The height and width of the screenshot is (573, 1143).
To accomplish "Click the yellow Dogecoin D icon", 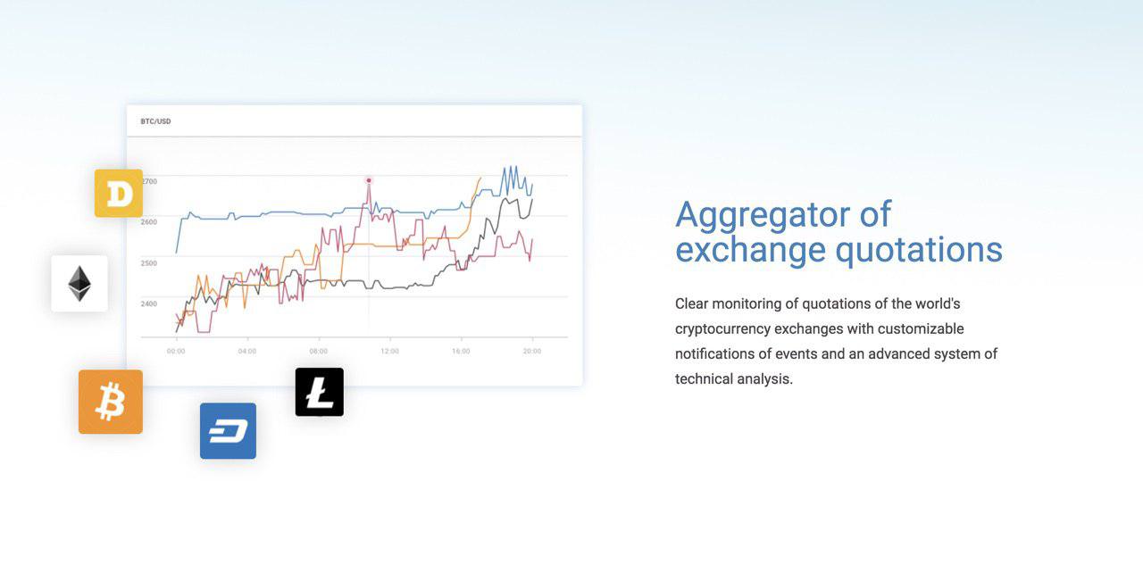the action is (119, 193).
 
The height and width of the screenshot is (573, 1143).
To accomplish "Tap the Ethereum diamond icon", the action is (79, 284).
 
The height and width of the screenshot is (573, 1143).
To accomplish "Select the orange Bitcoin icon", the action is (111, 402).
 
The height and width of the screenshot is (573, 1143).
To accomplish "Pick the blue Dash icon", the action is (228, 431).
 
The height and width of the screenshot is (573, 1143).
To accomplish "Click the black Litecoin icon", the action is (320, 392).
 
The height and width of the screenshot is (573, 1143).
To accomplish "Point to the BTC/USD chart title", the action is (155, 121).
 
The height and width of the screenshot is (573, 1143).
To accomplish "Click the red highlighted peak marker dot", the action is (369, 180).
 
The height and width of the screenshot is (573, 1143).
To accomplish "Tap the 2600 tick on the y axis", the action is (149, 222).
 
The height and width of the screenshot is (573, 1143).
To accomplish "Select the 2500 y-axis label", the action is (149, 263).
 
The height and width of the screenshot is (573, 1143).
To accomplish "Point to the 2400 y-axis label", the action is (149, 303).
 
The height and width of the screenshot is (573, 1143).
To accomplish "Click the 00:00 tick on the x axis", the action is (176, 352).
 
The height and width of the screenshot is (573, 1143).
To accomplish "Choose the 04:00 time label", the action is (247, 352).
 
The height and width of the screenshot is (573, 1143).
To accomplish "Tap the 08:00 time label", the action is (319, 352).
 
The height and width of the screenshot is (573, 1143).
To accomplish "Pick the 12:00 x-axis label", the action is (390, 352).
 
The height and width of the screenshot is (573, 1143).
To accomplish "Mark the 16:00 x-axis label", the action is (461, 352).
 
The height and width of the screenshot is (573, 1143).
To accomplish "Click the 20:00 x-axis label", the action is (532, 352).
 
